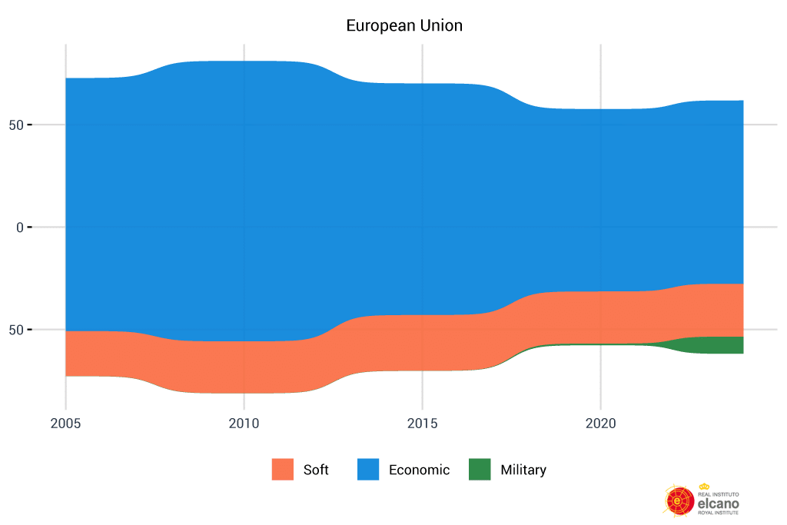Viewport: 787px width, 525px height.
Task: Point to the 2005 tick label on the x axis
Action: pos(65,424)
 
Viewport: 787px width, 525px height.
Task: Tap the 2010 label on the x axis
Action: pos(244,424)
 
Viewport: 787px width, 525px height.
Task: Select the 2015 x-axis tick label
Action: pos(422,424)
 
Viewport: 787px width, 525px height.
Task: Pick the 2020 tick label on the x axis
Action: pos(600,424)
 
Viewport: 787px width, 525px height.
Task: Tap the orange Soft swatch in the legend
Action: pos(283,470)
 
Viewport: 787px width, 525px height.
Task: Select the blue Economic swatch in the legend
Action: pos(368,470)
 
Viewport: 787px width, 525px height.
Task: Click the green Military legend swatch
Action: pos(480,470)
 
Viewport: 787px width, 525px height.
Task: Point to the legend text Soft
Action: pos(316,470)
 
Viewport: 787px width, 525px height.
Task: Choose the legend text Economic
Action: pos(419,470)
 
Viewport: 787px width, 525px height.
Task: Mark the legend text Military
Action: pos(523,470)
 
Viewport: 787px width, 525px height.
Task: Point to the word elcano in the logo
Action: pos(718,502)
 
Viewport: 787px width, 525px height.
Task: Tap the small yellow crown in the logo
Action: pos(704,486)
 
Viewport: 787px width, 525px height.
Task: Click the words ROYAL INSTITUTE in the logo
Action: pos(718,512)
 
